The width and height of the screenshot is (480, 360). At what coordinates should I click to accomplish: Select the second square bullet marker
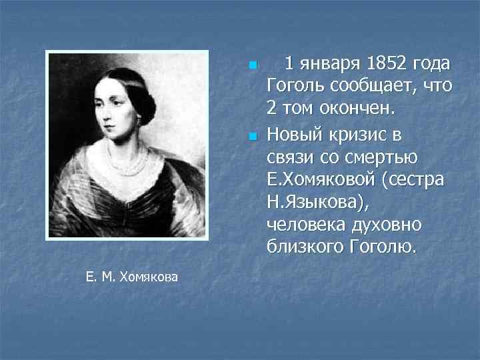click(x=251, y=137)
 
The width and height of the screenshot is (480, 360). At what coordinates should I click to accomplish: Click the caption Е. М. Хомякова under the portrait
click(x=132, y=277)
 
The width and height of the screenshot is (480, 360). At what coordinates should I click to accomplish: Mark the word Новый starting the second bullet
click(x=297, y=135)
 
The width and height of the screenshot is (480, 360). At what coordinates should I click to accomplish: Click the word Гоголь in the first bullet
click(x=295, y=86)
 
